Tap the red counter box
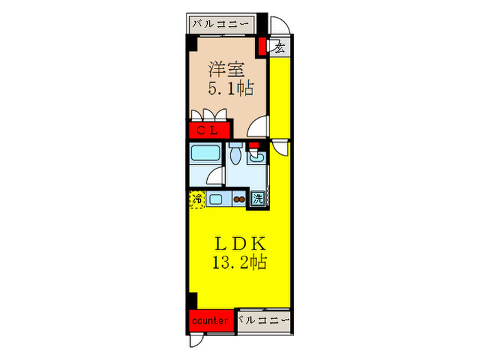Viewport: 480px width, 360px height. [x=210, y=320]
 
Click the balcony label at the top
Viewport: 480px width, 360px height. [x=221, y=24]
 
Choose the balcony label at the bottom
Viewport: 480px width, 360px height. [x=264, y=320]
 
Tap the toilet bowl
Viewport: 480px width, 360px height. [x=235, y=157]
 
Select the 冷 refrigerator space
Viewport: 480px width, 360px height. [x=197, y=200]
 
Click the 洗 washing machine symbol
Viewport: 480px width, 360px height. [x=257, y=199]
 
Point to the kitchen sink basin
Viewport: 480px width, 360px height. [x=215, y=200]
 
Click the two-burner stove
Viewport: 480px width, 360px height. [x=239, y=200]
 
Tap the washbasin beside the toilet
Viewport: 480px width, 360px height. [x=258, y=158]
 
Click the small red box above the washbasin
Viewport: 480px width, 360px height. [x=253, y=145]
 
